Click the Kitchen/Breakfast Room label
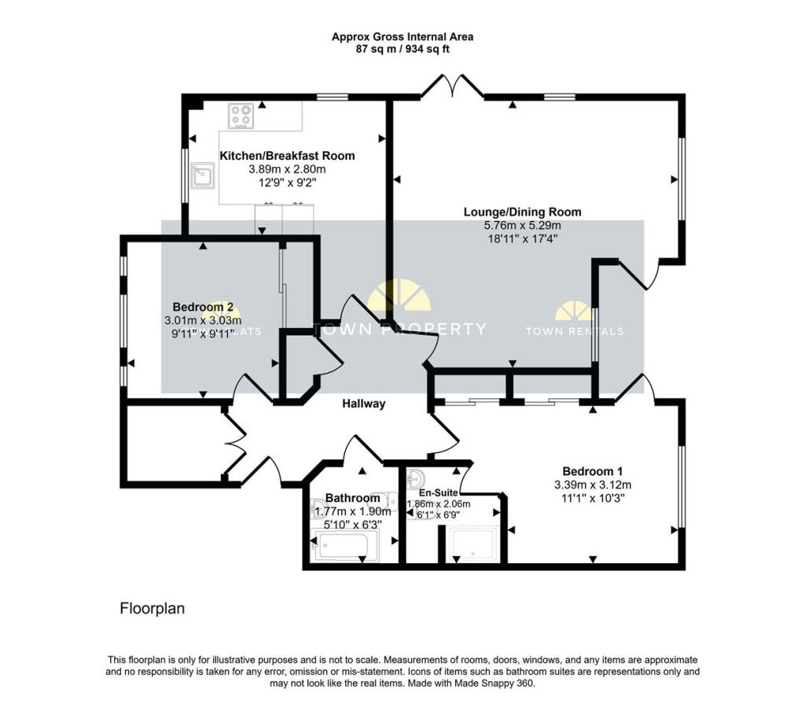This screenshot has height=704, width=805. (287, 156)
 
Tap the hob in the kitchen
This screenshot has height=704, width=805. (241, 116)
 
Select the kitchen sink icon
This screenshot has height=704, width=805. (204, 176)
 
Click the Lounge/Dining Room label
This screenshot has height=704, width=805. (522, 212)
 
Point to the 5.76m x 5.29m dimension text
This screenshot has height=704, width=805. (522, 225)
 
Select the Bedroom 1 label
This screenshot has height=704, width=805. (592, 471)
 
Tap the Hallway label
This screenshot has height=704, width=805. (363, 404)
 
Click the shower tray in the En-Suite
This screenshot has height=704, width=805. (471, 545)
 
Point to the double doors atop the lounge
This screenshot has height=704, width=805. (452, 87)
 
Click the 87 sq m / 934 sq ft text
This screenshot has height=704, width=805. (402, 49)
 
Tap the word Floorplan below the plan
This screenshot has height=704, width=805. (152, 608)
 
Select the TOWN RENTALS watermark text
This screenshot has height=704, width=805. (574, 331)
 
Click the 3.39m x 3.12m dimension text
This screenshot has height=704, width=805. (592, 485)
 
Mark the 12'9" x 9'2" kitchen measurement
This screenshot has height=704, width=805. (287, 182)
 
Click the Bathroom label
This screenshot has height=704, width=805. (353, 498)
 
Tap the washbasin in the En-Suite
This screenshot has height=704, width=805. (417, 479)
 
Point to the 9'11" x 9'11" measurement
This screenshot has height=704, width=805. (203, 334)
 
